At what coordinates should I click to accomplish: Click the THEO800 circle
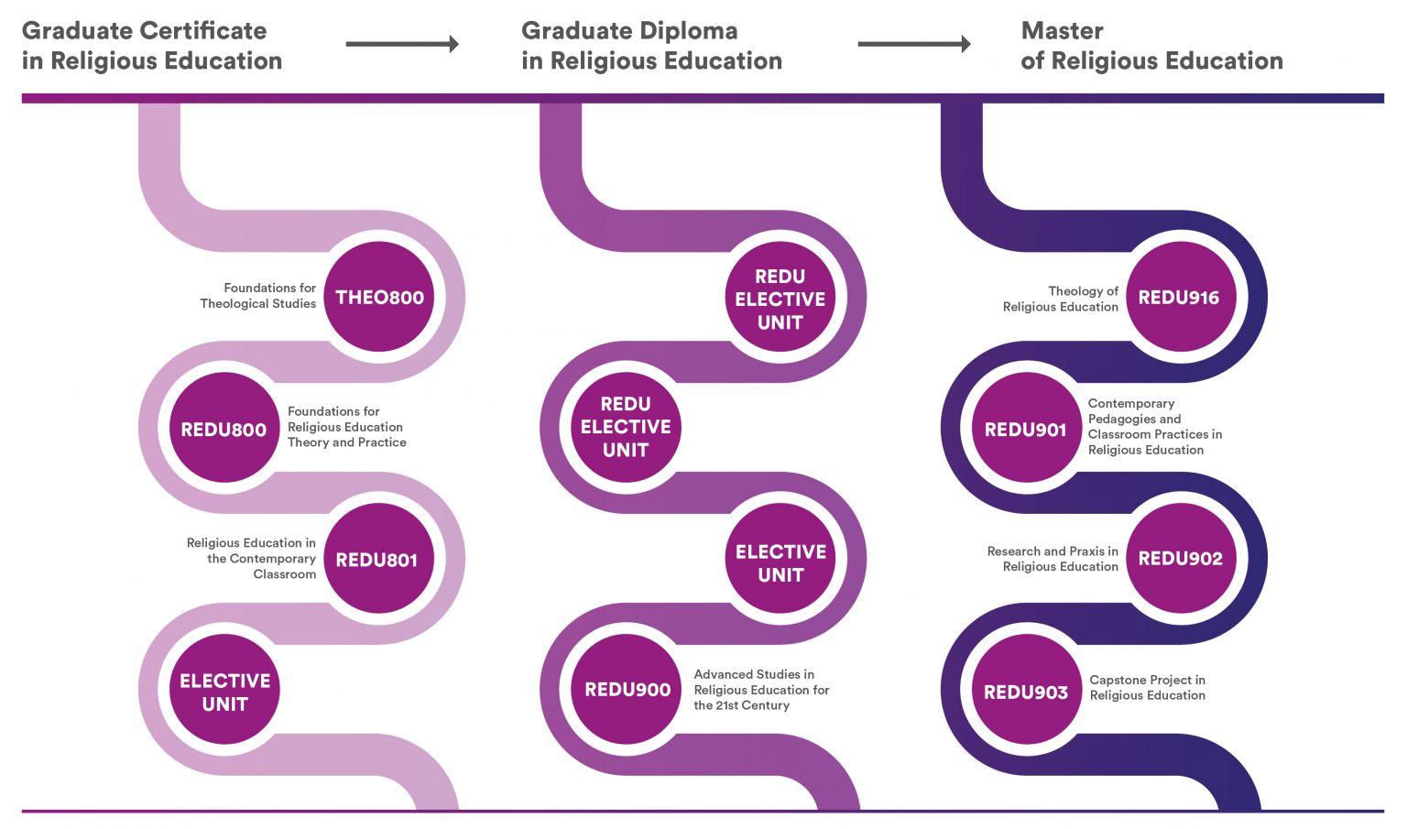click(379, 297)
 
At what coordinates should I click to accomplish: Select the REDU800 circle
click(224, 429)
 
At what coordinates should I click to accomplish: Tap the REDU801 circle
click(377, 559)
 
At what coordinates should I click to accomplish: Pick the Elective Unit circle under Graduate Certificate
click(224, 692)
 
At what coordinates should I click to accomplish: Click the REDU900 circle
click(627, 690)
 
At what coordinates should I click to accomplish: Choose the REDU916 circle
click(1179, 297)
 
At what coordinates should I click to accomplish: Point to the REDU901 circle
click(1026, 429)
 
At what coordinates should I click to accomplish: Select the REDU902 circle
click(1180, 559)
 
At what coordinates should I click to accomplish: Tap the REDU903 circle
click(1026, 692)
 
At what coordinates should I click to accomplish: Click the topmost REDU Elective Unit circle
click(780, 299)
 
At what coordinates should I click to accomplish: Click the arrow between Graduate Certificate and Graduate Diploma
click(402, 44)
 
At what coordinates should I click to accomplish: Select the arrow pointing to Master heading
click(913, 44)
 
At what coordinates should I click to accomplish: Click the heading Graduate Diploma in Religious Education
click(651, 46)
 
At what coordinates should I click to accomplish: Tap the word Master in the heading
click(1062, 31)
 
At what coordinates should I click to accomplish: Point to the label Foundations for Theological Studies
click(258, 295)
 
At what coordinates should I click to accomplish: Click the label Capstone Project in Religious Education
click(1147, 687)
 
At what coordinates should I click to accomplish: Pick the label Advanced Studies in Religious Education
click(760, 690)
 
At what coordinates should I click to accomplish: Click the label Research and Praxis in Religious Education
click(1053, 559)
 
